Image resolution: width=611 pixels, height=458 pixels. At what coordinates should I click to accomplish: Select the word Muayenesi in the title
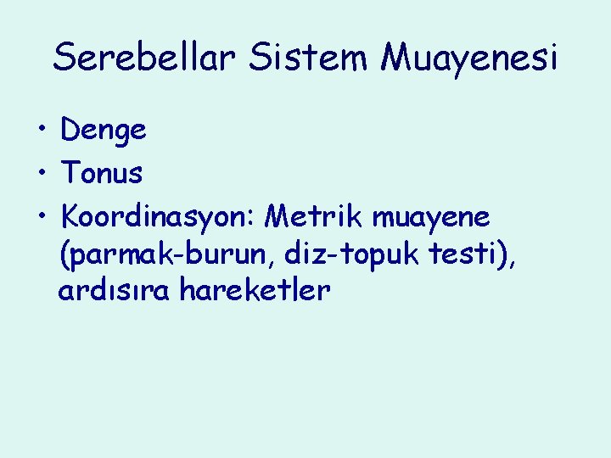coord(469,58)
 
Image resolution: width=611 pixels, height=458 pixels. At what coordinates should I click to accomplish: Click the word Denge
coord(104,131)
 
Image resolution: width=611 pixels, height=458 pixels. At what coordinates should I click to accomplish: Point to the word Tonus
coord(102,174)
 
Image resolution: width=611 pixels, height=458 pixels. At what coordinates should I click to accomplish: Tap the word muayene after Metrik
coord(431,219)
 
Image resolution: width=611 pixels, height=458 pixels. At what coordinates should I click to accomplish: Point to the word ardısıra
coord(109,291)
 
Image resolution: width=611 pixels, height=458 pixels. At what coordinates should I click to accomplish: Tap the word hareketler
coord(255,291)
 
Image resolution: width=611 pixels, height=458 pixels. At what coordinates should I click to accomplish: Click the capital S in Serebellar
coord(64,58)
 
